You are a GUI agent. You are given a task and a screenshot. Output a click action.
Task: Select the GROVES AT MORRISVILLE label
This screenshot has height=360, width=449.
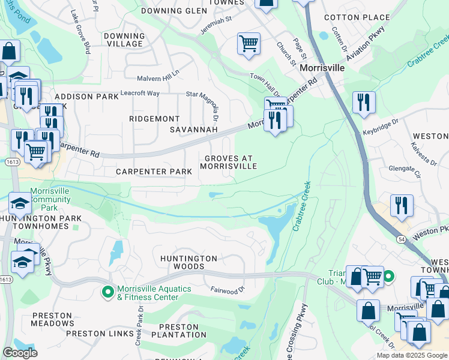coord(231,162)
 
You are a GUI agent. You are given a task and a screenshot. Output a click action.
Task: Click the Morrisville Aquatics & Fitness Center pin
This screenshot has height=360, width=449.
coord(108,292)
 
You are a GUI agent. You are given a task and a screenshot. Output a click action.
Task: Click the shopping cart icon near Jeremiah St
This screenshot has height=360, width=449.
coord(249,44)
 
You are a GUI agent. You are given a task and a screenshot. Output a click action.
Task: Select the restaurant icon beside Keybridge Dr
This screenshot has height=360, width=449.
coord(364,103)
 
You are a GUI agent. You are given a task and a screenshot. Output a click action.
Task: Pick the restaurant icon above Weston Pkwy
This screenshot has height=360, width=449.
coord(401,205)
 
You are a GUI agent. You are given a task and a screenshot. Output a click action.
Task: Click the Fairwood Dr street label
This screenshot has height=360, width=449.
coord(228,289)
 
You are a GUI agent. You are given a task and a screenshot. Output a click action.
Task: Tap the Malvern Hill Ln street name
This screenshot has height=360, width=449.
coord(158,75)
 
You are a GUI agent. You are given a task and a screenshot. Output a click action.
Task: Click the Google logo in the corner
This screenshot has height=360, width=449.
coord(20,353)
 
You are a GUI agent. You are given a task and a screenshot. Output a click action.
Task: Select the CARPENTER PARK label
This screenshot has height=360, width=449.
coord(154,172)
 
